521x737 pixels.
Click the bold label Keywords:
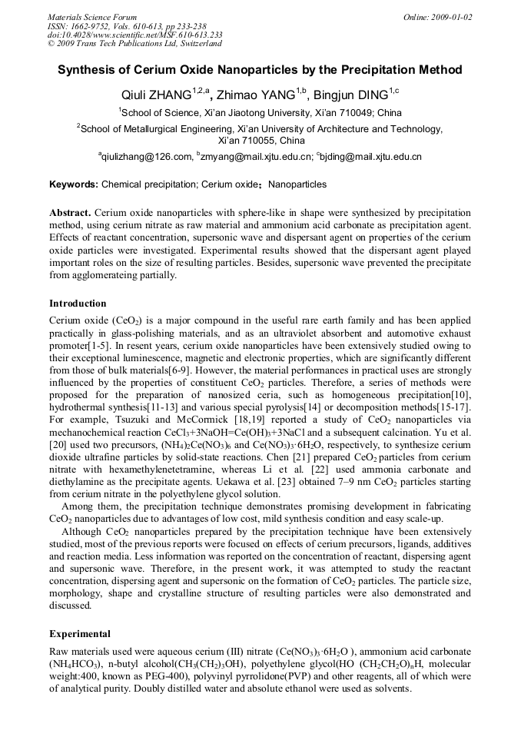point(73,184)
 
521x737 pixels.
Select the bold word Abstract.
point(70,212)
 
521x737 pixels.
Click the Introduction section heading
point(78,304)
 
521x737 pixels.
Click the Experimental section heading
point(80,634)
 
